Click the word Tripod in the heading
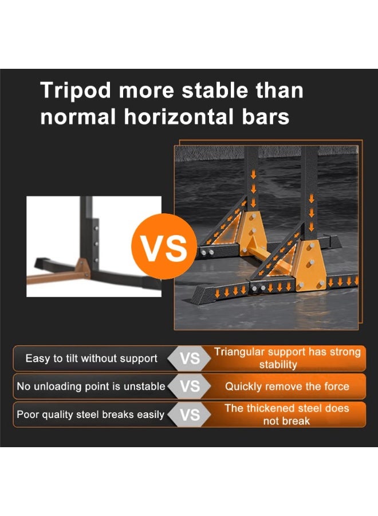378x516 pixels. tap(75, 91)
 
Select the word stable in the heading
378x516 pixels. tap(215, 90)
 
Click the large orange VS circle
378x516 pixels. tap(164, 247)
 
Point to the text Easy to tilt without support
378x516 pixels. tap(92, 358)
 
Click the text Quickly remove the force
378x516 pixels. tap(287, 386)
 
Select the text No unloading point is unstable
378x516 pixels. tap(90, 386)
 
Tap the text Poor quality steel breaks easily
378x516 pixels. tap(90, 415)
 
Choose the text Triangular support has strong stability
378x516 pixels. tap(288, 358)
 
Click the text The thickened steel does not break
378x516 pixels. tap(286, 415)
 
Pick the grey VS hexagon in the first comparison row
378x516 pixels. tap(190, 358)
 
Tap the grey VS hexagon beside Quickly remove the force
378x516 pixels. tap(190, 386)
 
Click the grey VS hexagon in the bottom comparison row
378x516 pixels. tap(190, 415)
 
